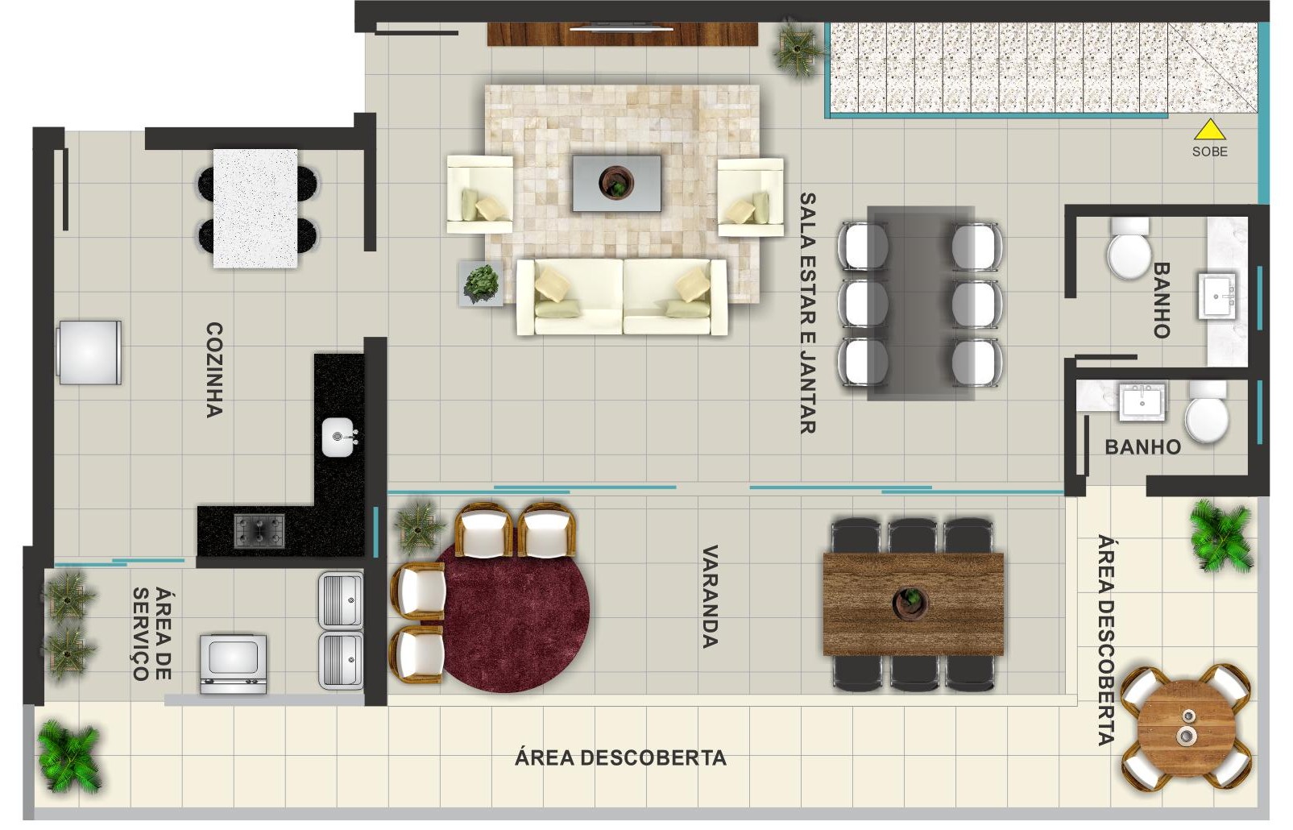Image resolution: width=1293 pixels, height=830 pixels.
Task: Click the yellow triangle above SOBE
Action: (x=1210, y=131)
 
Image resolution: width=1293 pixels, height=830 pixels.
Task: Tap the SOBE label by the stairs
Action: (x=1210, y=151)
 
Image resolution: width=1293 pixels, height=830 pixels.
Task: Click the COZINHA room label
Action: (x=214, y=370)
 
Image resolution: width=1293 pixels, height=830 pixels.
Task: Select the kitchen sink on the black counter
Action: (x=339, y=438)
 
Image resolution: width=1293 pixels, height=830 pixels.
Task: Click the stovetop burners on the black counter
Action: (x=259, y=530)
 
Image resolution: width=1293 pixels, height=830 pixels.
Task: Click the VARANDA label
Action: (x=710, y=597)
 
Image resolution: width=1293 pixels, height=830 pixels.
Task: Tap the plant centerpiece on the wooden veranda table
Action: (x=910, y=604)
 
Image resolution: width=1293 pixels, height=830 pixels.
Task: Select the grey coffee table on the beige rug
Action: (x=616, y=183)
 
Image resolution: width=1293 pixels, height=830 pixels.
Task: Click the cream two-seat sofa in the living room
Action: (x=622, y=297)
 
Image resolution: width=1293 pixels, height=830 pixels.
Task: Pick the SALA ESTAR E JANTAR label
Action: (x=807, y=313)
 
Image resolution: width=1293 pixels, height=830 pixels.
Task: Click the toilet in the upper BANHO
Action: (x=1129, y=249)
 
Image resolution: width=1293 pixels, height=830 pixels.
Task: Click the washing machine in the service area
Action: (x=233, y=664)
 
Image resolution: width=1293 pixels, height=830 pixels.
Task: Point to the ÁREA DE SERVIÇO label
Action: (x=151, y=634)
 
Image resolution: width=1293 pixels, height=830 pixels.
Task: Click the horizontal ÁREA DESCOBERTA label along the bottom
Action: (x=620, y=757)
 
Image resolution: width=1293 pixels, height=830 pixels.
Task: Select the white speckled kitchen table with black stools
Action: (x=255, y=209)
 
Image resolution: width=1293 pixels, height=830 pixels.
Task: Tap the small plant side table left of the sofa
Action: (x=480, y=284)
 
